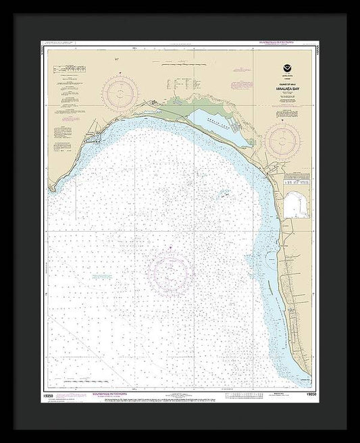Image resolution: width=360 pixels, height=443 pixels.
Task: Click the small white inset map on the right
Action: click(295, 201)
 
